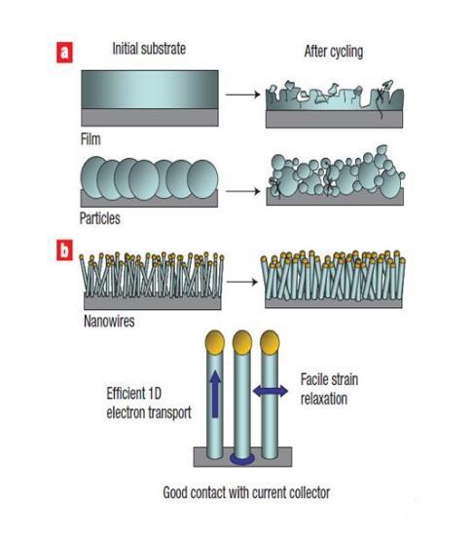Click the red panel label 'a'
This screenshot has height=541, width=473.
(64, 53)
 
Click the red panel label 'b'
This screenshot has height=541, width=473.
(64, 250)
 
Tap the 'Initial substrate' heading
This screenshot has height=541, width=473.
(149, 49)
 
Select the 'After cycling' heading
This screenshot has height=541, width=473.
(334, 52)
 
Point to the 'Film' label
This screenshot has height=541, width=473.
(91, 139)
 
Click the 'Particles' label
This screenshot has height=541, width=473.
(100, 218)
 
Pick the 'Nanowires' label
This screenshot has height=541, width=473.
(109, 322)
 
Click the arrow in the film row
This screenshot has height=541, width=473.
(243, 95)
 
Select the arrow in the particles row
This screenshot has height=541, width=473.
(243, 191)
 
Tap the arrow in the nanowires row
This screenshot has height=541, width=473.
(242, 282)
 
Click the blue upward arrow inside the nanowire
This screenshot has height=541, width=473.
(215, 394)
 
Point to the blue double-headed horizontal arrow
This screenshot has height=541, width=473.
(271, 391)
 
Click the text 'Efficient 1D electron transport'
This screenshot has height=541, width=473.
(149, 403)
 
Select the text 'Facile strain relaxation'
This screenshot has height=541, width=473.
(329, 389)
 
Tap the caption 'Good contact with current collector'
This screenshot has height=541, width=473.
(246, 492)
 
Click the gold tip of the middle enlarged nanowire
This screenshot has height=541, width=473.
(242, 342)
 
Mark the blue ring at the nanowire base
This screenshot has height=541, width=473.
(242, 460)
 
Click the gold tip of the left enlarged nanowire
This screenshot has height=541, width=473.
(215, 342)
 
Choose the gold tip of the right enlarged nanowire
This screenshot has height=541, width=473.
(270, 342)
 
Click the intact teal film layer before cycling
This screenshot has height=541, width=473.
(150, 90)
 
